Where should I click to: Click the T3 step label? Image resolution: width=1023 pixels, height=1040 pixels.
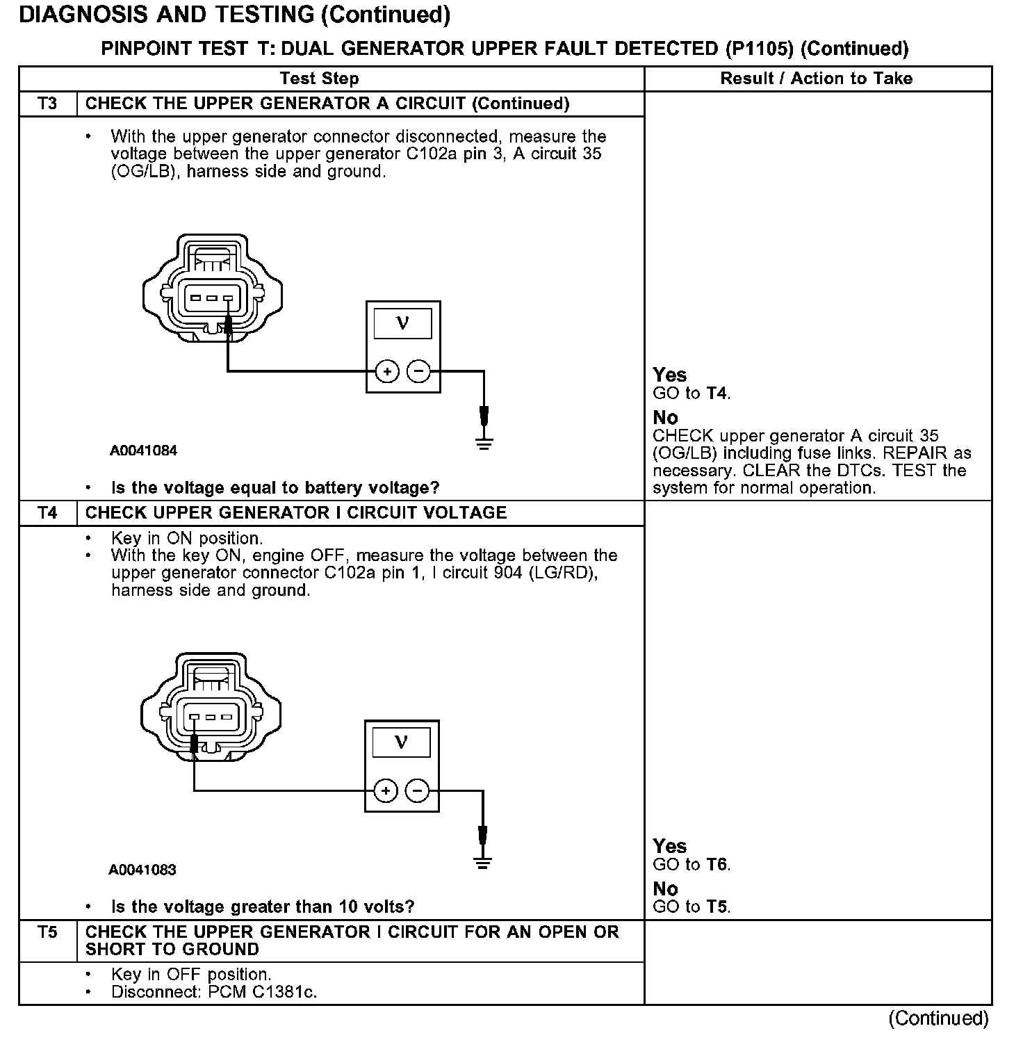(47, 104)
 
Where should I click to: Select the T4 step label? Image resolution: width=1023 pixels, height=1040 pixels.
(47, 513)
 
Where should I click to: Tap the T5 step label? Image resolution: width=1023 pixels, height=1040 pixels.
(47, 932)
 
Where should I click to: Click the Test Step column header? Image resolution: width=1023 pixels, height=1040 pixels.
(319, 79)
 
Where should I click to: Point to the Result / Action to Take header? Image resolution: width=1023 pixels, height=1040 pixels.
(817, 79)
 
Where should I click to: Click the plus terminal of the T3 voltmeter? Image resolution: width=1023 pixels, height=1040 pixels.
(387, 372)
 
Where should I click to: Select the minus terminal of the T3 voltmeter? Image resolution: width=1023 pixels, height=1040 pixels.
(418, 372)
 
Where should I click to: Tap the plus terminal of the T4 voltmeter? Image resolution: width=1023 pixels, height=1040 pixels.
(386, 791)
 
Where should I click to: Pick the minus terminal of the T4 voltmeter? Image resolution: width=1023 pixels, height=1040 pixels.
(417, 791)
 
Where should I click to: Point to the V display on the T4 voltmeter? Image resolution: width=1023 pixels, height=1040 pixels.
(401, 742)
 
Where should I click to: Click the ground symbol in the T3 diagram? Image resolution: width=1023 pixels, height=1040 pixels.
(484, 442)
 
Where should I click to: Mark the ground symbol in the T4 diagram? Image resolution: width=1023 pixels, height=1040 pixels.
(482, 862)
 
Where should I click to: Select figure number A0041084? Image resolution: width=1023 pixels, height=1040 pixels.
(143, 450)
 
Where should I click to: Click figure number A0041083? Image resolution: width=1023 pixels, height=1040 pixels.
(142, 870)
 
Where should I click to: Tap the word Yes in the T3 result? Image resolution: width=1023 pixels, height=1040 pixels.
(670, 375)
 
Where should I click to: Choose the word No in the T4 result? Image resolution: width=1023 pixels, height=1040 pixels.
(665, 888)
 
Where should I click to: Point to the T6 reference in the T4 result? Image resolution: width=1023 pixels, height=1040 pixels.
(717, 865)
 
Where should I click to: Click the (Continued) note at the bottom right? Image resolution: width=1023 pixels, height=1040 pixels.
(938, 1018)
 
